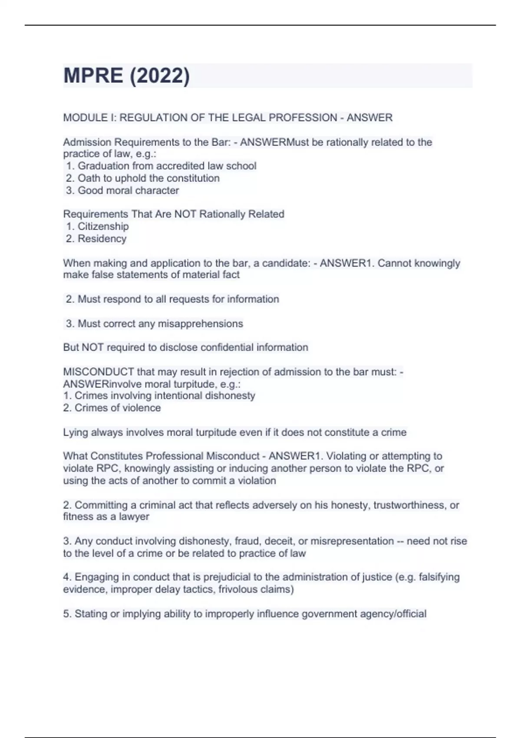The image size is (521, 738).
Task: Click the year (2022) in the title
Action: point(159,76)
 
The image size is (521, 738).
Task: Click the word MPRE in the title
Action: point(93,76)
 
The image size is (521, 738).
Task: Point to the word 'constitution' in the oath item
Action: point(193,178)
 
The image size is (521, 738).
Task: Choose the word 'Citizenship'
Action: point(103,226)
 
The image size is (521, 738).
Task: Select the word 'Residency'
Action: point(102,238)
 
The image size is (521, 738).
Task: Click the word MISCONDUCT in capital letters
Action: point(99,372)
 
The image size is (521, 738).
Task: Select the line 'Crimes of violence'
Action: point(117,408)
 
